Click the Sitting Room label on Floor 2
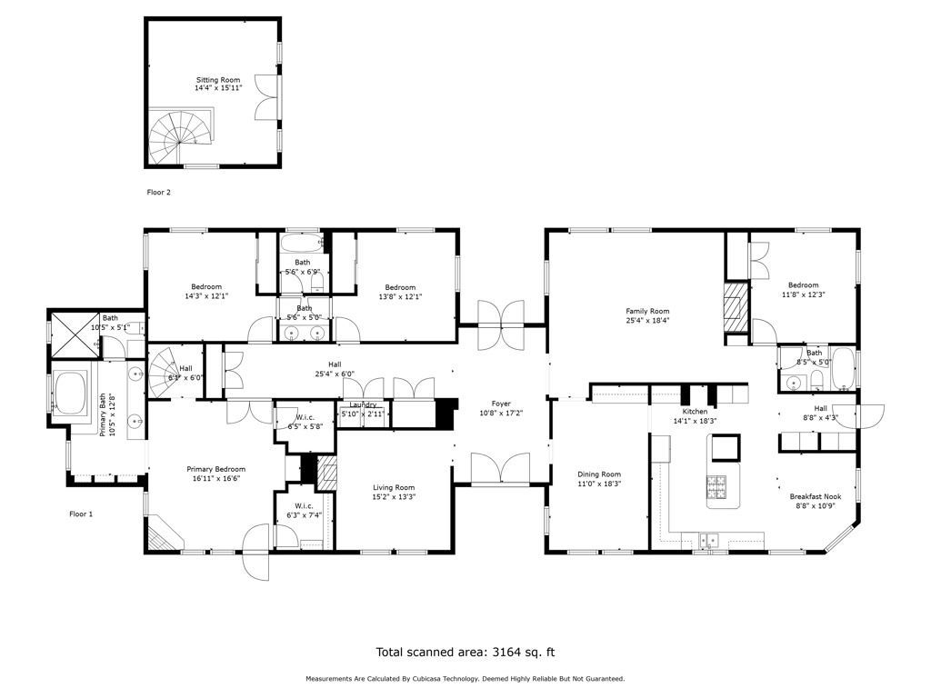217,80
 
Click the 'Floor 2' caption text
159,193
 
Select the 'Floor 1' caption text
82,514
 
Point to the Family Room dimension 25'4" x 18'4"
647,320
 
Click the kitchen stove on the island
717,486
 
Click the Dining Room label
599,474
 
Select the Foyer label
501,404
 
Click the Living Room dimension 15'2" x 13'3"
393,497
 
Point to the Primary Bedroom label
216,469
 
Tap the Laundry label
363,404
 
